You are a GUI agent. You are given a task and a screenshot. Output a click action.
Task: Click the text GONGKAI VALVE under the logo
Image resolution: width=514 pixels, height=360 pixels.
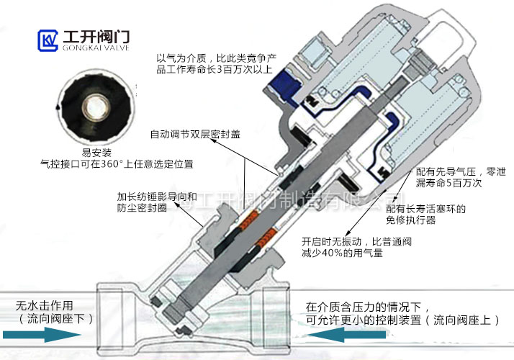(x=89, y=47)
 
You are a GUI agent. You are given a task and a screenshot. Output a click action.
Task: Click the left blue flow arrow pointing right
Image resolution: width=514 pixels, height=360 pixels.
(x=42, y=335)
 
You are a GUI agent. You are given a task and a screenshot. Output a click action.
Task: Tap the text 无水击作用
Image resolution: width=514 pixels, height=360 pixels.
(x=45, y=305)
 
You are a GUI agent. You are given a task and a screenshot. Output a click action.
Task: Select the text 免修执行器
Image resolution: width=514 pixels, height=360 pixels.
(x=411, y=221)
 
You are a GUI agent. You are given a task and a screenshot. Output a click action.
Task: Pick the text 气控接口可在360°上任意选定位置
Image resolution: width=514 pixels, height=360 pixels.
(x=117, y=164)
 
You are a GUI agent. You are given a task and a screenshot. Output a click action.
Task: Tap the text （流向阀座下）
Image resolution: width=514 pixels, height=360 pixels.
(x=55, y=318)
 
